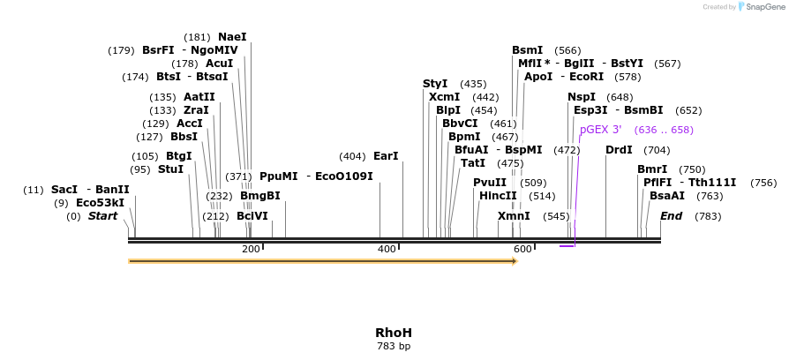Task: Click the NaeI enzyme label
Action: (x=232, y=37)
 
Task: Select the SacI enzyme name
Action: (x=64, y=190)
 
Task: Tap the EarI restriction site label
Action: (x=386, y=156)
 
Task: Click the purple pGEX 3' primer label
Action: (x=601, y=130)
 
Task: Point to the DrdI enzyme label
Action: (x=619, y=150)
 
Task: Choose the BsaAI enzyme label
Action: (x=667, y=196)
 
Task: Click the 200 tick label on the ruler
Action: (x=251, y=250)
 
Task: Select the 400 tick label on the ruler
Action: (x=387, y=250)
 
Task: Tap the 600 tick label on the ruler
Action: (x=522, y=250)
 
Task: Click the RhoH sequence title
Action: (x=394, y=333)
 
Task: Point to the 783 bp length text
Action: (x=394, y=347)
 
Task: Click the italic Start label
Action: (x=102, y=216)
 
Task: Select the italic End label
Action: (x=671, y=216)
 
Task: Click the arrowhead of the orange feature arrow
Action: (x=514, y=261)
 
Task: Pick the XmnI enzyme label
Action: (x=514, y=216)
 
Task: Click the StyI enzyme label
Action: (x=435, y=84)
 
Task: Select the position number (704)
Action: (x=657, y=150)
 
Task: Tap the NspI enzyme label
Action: (x=582, y=97)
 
